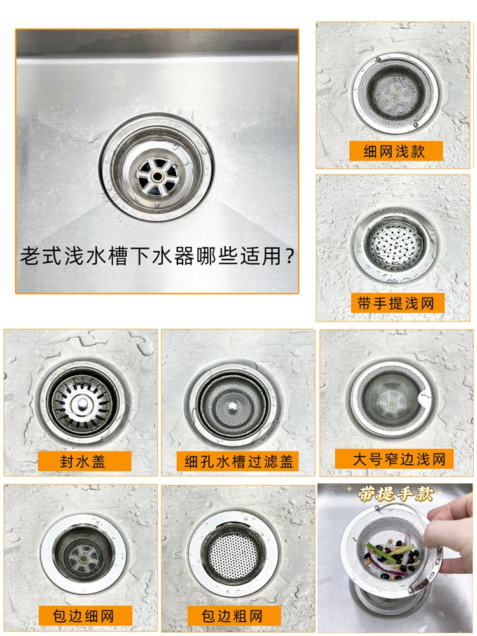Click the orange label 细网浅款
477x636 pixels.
(396, 151)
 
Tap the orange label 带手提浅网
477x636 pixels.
(396, 303)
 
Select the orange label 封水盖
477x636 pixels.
(85, 461)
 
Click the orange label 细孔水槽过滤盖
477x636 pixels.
(238, 461)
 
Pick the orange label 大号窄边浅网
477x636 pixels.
(394, 459)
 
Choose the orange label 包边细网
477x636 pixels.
(86, 615)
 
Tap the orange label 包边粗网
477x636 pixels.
(234, 615)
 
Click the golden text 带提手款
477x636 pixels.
(396, 494)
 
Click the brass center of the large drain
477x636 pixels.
(157, 176)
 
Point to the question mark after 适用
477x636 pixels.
(289, 256)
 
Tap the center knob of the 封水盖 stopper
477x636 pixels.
(83, 403)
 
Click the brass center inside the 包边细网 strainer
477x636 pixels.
(83, 558)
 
